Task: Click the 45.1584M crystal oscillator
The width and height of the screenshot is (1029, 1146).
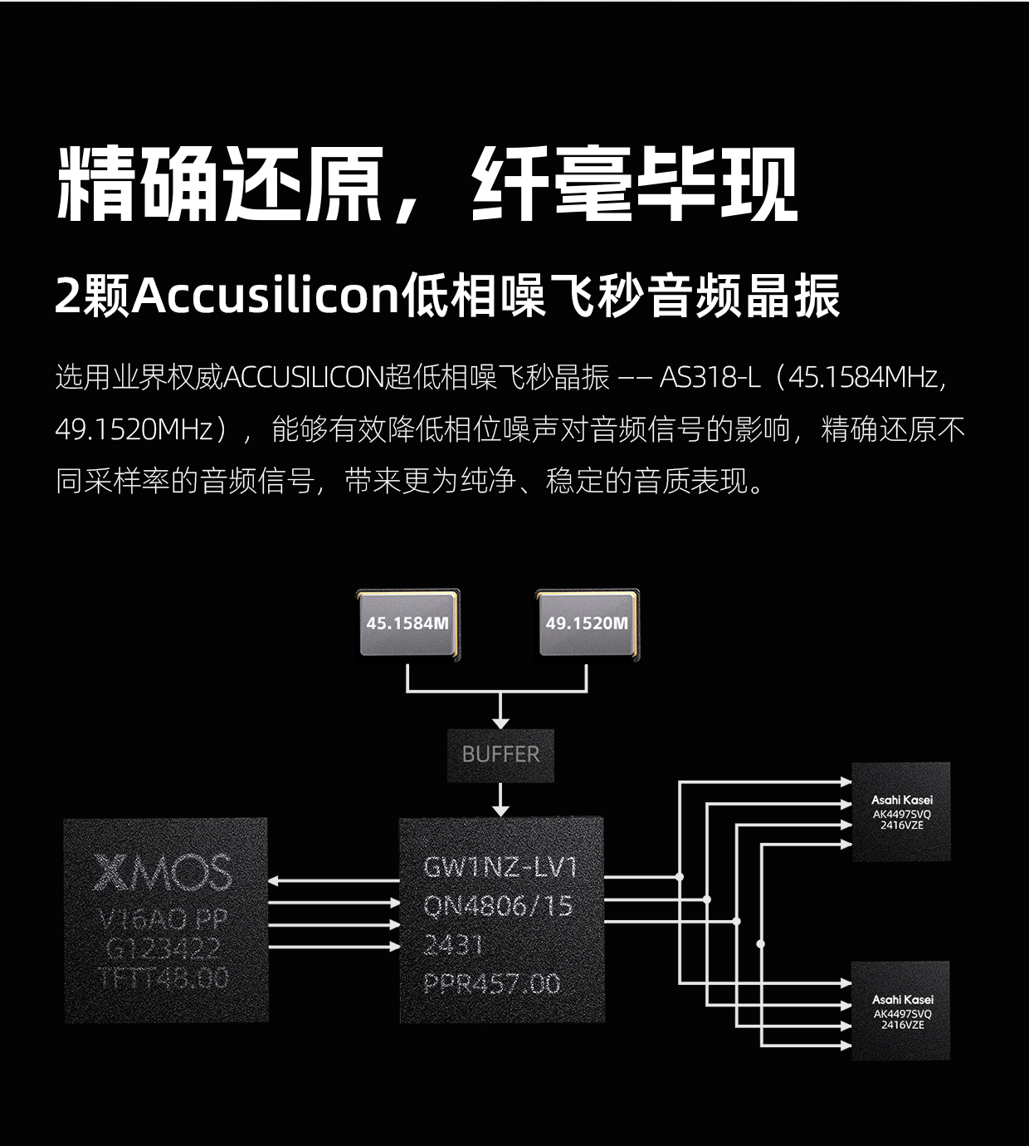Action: [x=407, y=624]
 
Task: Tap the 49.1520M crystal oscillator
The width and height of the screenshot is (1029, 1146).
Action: [x=587, y=624]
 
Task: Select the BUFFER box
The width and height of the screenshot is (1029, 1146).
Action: [x=500, y=755]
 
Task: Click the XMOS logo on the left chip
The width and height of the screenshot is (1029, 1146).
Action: [x=163, y=872]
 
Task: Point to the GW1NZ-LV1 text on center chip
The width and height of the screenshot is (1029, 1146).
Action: [x=500, y=868]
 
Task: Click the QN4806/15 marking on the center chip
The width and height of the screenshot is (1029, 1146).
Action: [x=498, y=906]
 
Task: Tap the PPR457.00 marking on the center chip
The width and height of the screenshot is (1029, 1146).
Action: [x=492, y=984]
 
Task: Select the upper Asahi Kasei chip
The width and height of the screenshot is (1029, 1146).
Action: [x=902, y=811]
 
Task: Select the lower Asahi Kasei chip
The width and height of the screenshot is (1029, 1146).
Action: [x=902, y=1011]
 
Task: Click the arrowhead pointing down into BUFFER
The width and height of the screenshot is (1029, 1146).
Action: [x=500, y=721]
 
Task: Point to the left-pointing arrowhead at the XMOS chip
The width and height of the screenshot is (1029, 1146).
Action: [x=275, y=882]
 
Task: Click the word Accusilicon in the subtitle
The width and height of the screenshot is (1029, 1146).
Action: [x=266, y=296]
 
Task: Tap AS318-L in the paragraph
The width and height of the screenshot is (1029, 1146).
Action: [x=710, y=378]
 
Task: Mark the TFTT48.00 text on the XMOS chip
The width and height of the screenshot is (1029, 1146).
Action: [x=163, y=978]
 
